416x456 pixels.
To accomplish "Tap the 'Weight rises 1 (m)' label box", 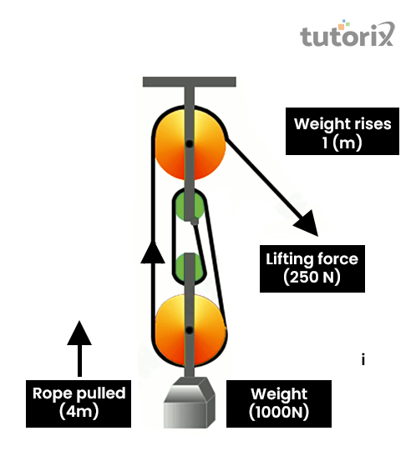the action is point(342,131).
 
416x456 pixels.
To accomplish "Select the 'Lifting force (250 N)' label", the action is point(312,268).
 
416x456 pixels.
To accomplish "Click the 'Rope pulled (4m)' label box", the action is point(79,403).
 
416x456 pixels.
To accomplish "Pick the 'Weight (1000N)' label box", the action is point(279,403).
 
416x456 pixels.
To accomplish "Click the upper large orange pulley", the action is point(190,143).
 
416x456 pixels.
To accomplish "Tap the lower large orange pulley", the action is point(190,330).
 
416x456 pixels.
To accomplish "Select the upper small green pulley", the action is point(190,205).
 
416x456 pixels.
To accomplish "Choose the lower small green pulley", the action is point(190,268).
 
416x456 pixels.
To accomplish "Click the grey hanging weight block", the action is point(190,403).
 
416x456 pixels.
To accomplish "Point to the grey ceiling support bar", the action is point(190,82).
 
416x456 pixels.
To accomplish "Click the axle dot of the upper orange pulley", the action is point(190,143).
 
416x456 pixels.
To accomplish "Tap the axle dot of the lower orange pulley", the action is point(190,330).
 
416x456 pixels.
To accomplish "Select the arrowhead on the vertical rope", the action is point(153,253).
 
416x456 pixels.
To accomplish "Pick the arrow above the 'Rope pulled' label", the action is point(79,348).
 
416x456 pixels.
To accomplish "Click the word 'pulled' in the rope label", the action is point(101,393).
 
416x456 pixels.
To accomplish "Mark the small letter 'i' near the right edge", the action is point(363,359).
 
